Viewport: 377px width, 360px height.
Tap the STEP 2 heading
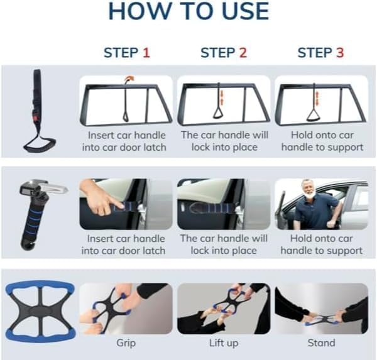(223, 53)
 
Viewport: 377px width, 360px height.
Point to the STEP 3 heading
(320, 53)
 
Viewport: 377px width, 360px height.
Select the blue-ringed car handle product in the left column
(35, 210)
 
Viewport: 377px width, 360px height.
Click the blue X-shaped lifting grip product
(39, 311)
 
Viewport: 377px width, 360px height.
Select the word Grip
(126, 343)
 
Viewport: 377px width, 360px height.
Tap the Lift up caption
(224, 343)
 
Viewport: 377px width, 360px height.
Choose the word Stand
(321, 343)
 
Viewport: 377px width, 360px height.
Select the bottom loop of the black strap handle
(35, 141)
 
